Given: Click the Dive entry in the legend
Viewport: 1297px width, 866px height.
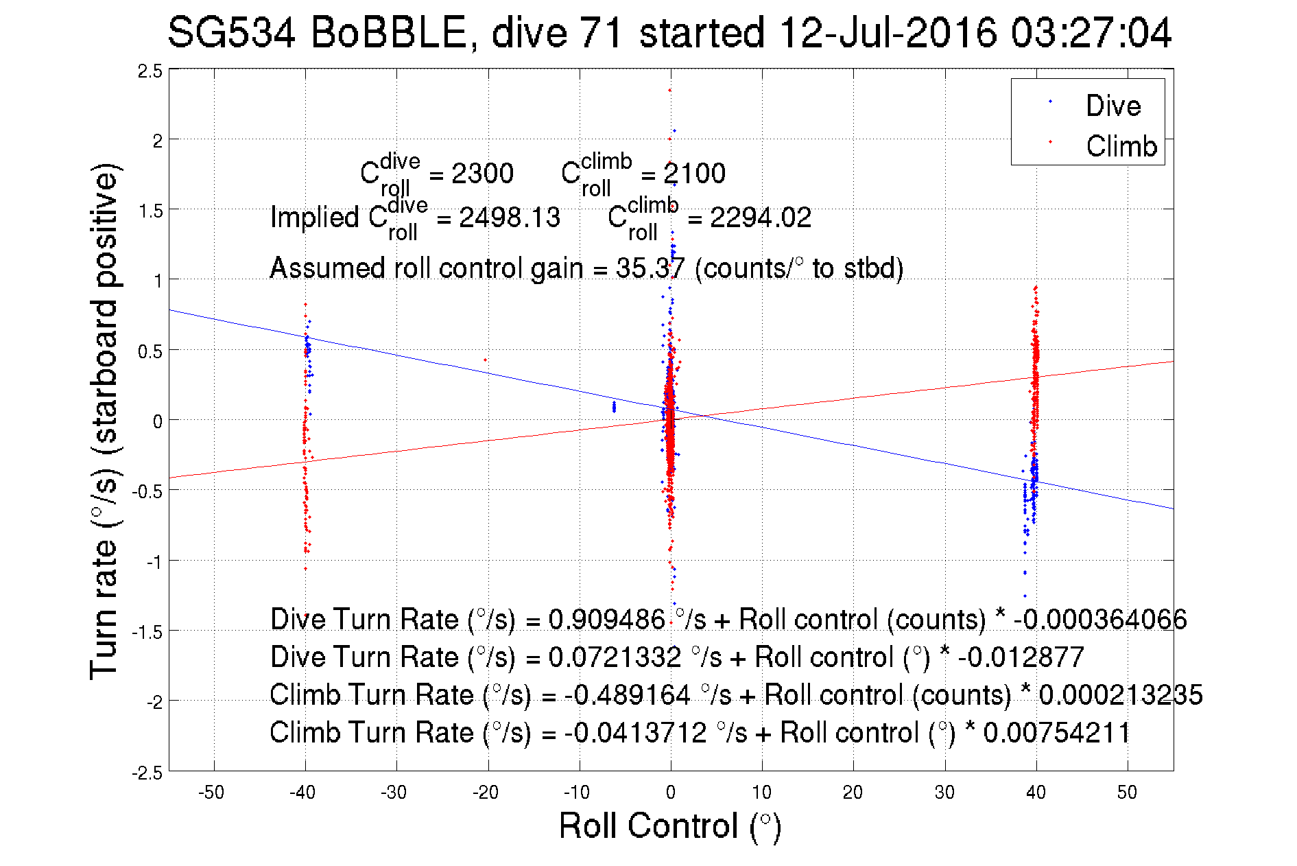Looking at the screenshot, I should (1112, 106).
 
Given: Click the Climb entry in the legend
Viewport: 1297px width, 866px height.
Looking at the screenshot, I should (1121, 146).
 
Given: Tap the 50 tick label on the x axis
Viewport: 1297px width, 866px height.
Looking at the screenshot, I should (1127, 793).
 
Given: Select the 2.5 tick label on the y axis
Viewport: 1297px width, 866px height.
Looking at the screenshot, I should (150, 71).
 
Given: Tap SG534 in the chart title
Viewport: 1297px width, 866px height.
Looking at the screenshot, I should (231, 33).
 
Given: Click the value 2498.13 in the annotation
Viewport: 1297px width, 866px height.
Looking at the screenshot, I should (510, 218).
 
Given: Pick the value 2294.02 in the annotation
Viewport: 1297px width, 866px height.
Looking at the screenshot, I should (760, 218).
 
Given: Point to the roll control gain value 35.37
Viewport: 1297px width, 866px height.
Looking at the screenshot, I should (650, 268).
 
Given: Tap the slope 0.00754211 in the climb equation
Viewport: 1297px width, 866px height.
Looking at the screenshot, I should (1056, 733).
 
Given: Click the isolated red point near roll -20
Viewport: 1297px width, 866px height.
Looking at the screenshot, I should (486, 360).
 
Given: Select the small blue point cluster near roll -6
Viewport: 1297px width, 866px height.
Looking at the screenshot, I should (614, 407).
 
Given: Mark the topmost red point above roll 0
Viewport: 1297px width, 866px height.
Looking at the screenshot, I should (669, 90).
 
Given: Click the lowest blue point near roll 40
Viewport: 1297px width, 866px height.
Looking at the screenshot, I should (1025, 596).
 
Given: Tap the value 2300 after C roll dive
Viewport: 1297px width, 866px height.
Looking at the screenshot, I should (482, 174).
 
